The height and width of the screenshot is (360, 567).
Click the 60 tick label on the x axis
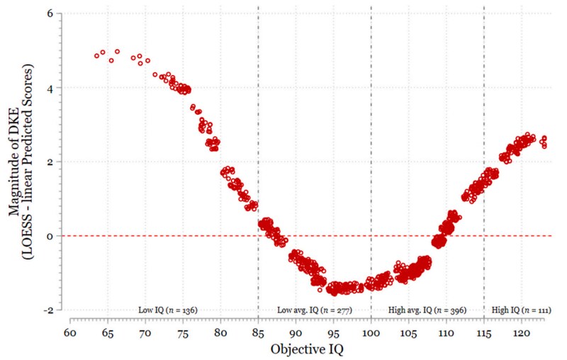(x=69, y=332)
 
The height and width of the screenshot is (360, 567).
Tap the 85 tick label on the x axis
(x=258, y=332)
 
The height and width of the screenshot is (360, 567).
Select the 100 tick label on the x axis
(x=371, y=332)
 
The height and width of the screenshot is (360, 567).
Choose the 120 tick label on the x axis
(x=522, y=332)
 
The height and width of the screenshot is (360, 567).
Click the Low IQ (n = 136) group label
(x=167, y=310)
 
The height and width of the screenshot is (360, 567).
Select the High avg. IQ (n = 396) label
(x=427, y=310)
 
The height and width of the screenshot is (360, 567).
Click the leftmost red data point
(x=97, y=55)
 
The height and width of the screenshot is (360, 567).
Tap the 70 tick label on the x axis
(x=145, y=332)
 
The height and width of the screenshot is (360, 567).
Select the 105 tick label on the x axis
(x=408, y=332)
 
